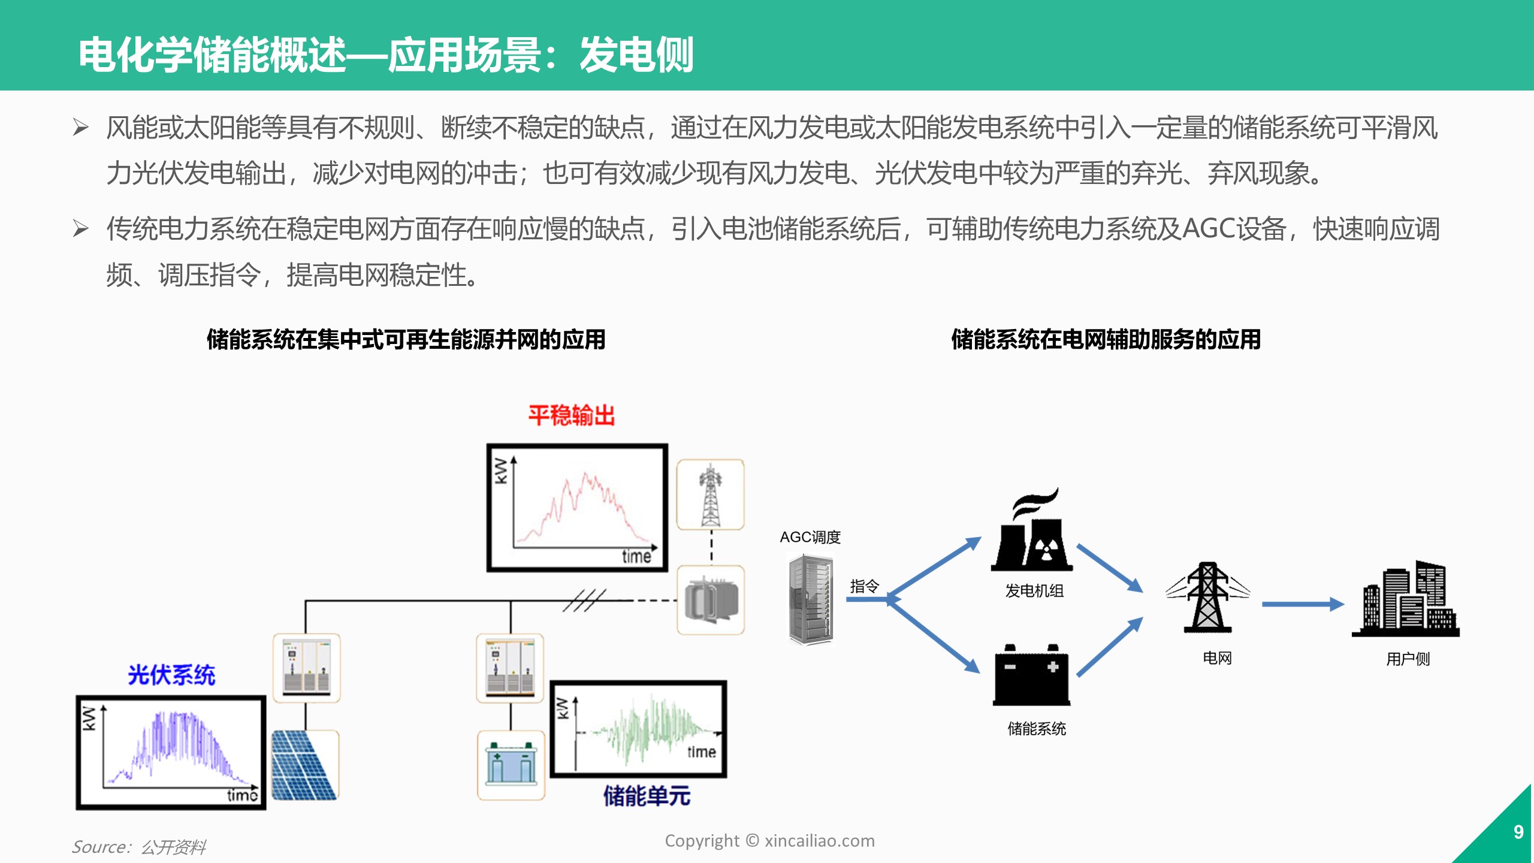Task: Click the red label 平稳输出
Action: click(571, 415)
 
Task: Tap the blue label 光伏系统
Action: click(171, 675)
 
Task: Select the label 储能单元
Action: click(647, 796)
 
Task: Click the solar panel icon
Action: click(304, 765)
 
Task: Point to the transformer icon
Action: click(711, 600)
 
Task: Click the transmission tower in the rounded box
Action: click(710, 495)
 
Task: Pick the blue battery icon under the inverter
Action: click(511, 765)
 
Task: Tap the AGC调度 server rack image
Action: click(811, 599)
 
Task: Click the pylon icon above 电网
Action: click(1207, 598)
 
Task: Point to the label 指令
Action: click(864, 586)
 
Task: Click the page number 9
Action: click(1518, 832)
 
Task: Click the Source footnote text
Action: click(139, 847)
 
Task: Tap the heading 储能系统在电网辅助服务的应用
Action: click(1106, 339)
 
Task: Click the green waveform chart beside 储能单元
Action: click(639, 729)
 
